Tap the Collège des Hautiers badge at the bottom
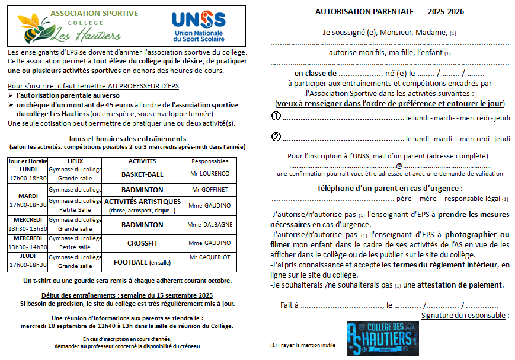(x=380, y=339)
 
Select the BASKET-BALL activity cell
(x=142, y=174)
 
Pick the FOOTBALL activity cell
(x=142, y=262)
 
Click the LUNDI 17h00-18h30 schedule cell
(x=28, y=174)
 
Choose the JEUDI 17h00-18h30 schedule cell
(x=28, y=261)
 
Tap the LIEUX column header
(x=76, y=161)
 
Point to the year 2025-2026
(x=446, y=11)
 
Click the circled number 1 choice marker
(x=276, y=117)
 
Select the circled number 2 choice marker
(x=276, y=137)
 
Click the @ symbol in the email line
(x=399, y=165)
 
